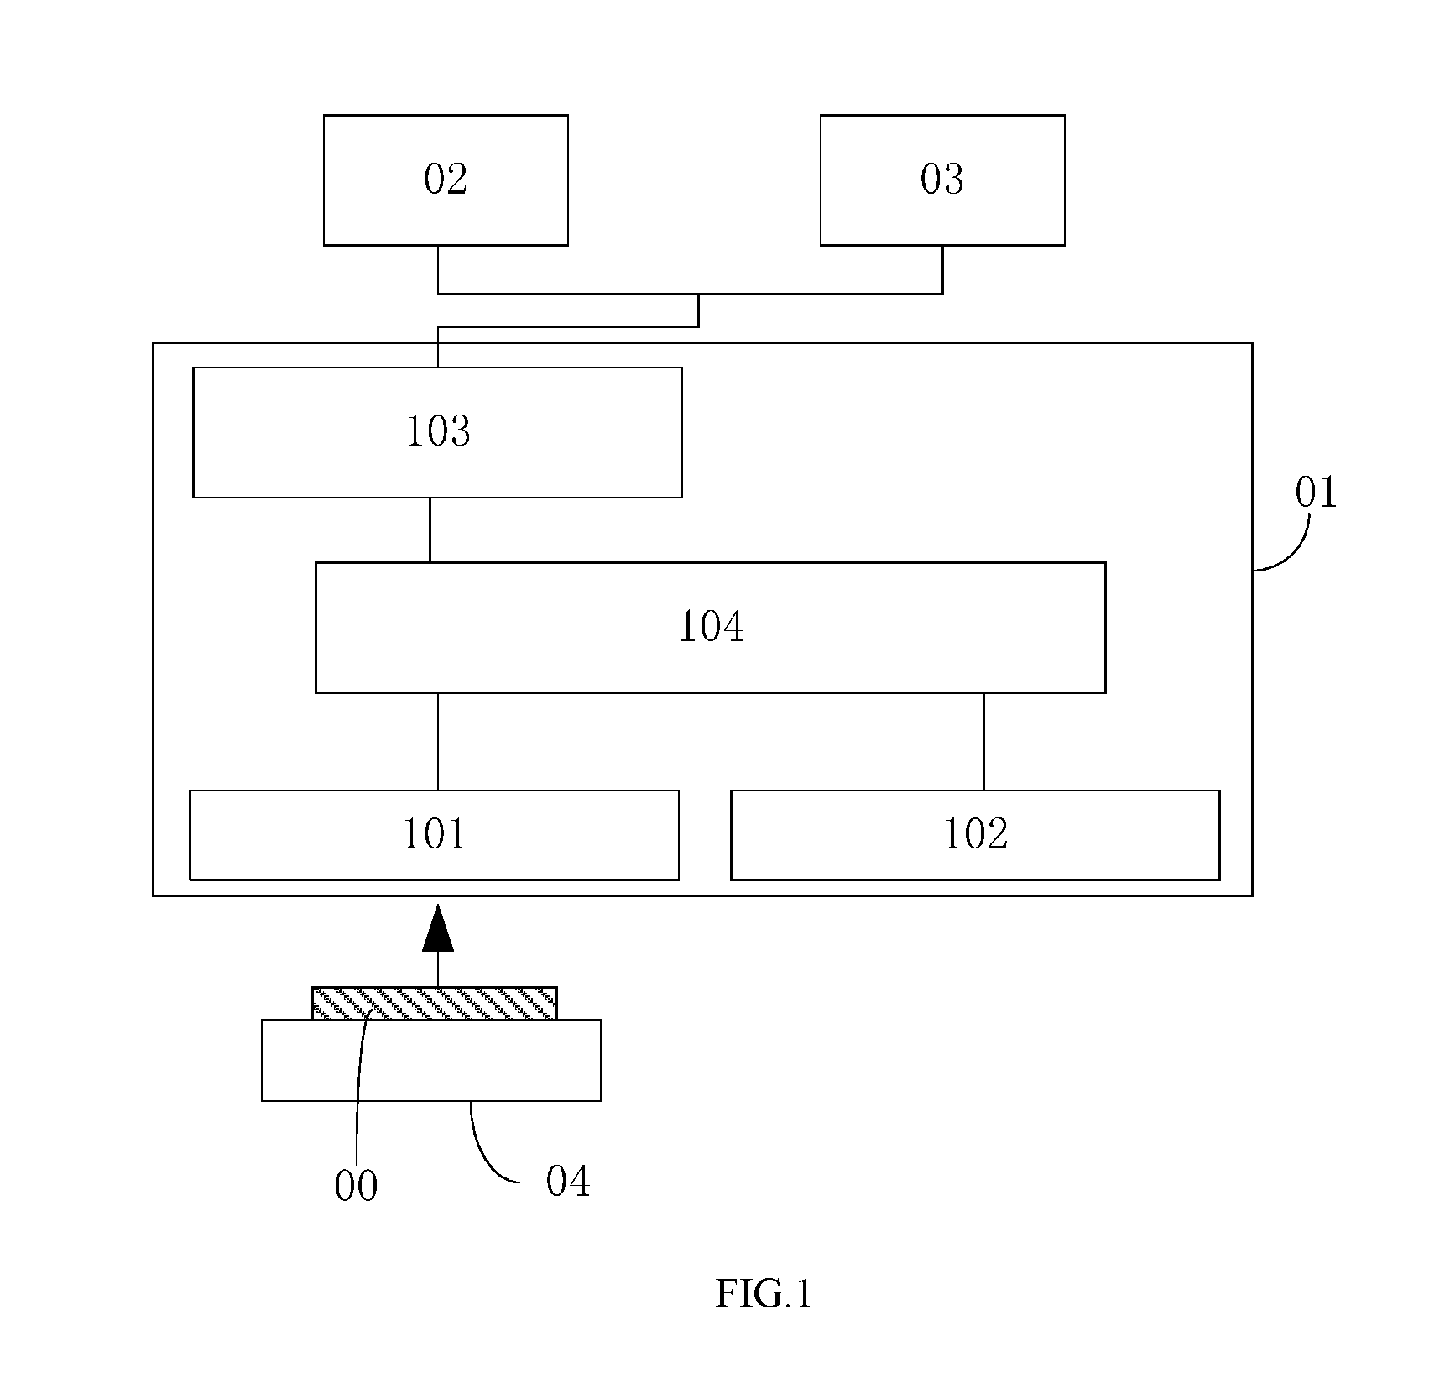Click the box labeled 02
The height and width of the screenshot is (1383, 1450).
pos(446,180)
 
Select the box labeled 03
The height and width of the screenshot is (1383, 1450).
pos(942,180)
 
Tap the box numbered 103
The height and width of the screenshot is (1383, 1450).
pos(437,432)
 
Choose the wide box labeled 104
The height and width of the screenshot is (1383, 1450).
pos(710,628)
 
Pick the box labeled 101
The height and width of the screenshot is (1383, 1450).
pos(434,835)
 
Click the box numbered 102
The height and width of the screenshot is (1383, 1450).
pos(975,835)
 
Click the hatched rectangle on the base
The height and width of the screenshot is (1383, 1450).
pos(434,1003)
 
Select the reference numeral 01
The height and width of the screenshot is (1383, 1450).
pos(1316,493)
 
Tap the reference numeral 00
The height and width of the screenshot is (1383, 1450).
pos(356,1186)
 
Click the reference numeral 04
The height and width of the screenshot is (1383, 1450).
pos(568,1182)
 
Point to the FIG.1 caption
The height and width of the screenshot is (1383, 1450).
pos(764,1293)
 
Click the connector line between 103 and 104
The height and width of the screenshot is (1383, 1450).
pos(430,530)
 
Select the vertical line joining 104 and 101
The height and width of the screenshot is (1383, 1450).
pos(437,742)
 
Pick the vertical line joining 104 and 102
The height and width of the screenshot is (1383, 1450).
pos(983,742)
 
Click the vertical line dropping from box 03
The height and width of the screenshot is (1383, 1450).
pos(942,269)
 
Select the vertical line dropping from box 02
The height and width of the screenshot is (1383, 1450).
pos(438,269)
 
